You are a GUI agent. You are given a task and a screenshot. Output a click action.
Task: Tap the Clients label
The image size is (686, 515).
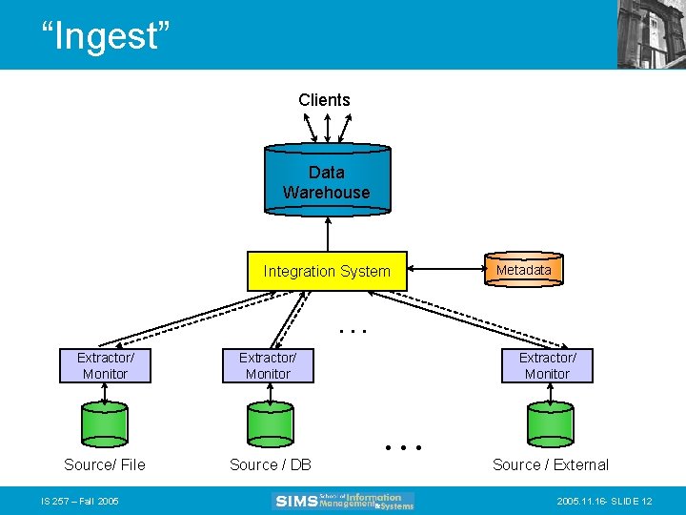pyautogui.click(x=324, y=100)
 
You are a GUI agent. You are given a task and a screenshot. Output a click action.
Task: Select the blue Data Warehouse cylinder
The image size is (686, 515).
pyautogui.click(x=327, y=179)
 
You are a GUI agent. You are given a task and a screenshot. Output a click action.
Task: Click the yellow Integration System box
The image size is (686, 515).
pyautogui.click(x=327, y=272)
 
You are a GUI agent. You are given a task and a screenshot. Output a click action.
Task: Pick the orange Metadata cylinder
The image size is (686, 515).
pyautogui.click(x=523, y=271)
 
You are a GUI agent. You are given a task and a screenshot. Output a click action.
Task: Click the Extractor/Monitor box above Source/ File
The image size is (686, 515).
pyautogui.click(x=105, y=366)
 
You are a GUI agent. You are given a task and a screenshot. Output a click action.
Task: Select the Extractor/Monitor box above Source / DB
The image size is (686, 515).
pyautogui.click(x=268, y=366)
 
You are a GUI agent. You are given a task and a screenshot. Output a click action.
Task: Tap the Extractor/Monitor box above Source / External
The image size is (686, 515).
pyautogui.click(x=547, y=366)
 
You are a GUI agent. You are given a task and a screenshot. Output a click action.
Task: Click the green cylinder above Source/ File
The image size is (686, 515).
pyautogui.click(x=105, y=422)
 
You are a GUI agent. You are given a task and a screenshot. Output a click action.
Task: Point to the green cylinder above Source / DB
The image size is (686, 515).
pyautogui.click(x=270, y=422)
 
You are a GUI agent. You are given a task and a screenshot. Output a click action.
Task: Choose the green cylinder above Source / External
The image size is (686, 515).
pyautogui.click(x=550, y=422)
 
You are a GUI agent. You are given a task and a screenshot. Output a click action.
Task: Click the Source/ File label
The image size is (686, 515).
pyautogui.click(x=105, y=465)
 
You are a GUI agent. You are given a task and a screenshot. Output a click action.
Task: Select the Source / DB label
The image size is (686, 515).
pyautogui.click(x=271, y=465)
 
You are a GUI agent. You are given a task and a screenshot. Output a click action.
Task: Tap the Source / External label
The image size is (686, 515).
pyautogui.click(x=550, y=465)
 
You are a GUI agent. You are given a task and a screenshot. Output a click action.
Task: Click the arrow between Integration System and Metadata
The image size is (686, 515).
pyautogui.click(x=446, y=271)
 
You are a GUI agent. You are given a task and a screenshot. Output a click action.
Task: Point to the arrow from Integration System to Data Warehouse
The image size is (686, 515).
pyautogui.click(x=327, y=233)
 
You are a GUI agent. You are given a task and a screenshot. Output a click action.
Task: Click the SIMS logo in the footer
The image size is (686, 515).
pyautogui.click(x=343, y=501)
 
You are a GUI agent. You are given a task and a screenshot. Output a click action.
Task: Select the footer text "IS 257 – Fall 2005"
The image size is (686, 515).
pyautogui.click(x=79, y=502)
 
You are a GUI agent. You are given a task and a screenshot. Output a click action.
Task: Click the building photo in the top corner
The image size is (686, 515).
pyautogui.click(x=651, y=34)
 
